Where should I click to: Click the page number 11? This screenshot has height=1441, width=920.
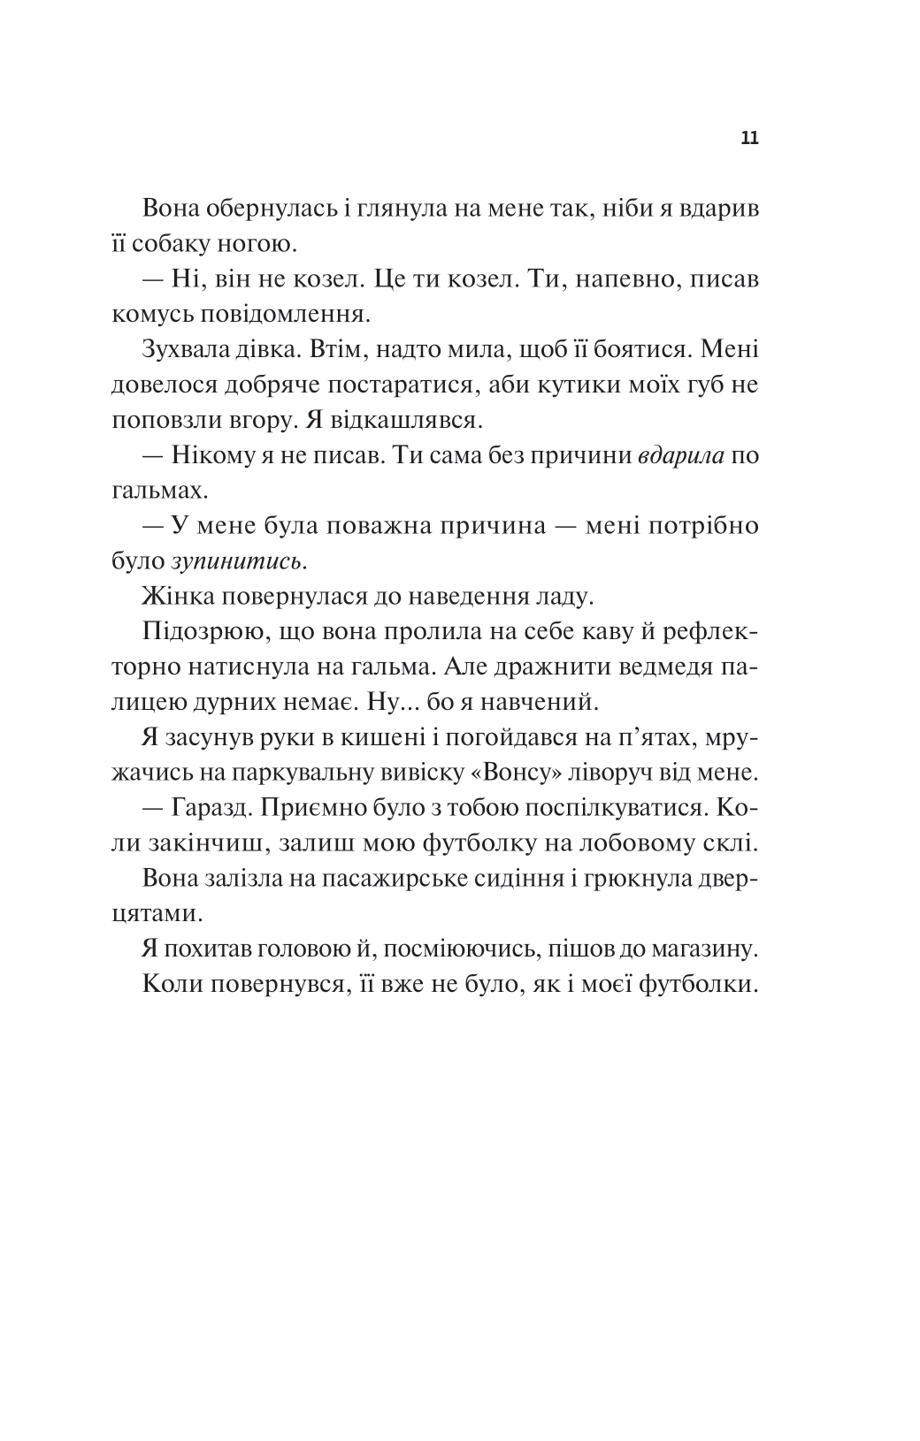tap(749, 139)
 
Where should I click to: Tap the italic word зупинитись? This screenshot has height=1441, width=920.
tap(240, 560)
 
